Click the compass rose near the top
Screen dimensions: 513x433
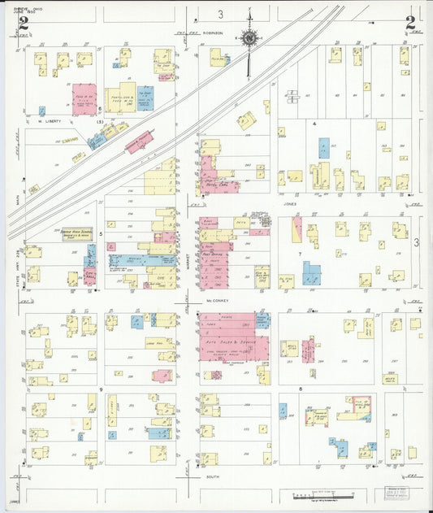click(x=249, y=36)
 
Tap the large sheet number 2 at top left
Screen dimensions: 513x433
click(x=24, y=24)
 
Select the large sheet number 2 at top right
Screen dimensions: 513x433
click(x=411, y=22)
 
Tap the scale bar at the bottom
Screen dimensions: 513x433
click(x=321, y=494)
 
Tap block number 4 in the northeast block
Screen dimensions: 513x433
click(x=314, y=124)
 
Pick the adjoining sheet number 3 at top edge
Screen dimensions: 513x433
click(x=220, y=15)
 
